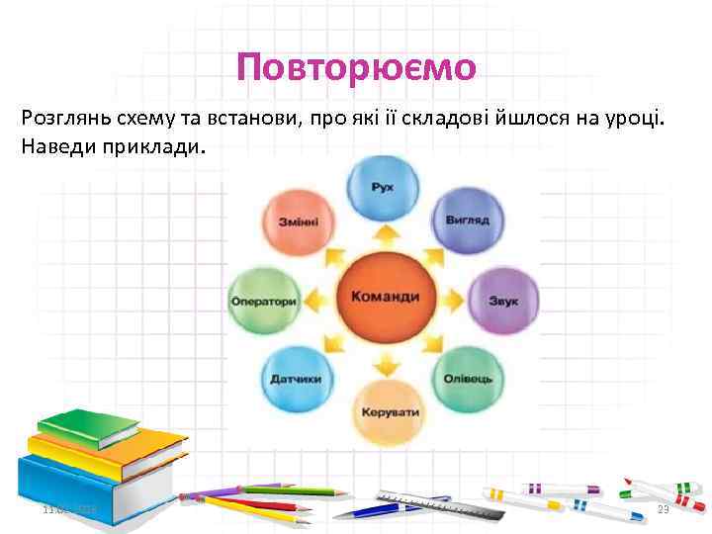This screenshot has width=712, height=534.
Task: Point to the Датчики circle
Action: click(x=296, y=377)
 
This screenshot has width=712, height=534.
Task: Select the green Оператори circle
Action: click(x=265, y=301)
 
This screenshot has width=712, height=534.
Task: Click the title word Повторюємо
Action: click(x=356, y=67)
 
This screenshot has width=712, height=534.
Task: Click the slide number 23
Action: click(x=664, y=509)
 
